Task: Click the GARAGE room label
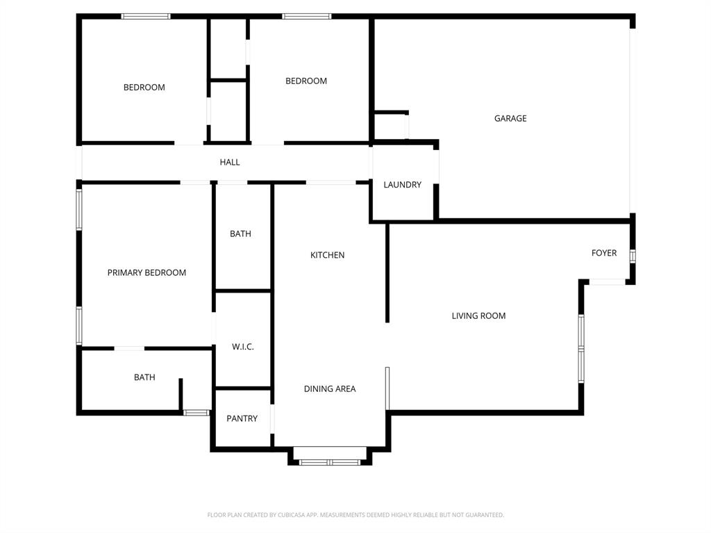(510, 119)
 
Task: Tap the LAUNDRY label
(402, 185)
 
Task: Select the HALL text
(230, 163)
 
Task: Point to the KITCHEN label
(327, 256)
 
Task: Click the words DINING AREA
(330, 389)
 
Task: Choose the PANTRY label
(242, 419)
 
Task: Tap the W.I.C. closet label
(242, 347)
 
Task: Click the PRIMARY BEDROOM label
(147, 273)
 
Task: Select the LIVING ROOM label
(478, 316)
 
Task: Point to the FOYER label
(603, 253)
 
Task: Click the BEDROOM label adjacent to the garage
(306, 81)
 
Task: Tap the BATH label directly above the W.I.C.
(240, 234)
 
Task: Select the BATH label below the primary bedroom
(144, 378)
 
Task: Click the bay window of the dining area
(330, 461)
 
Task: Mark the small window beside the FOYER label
(632, 256)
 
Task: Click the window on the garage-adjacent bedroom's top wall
(306, 16)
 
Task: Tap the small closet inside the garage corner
(390, 126)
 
